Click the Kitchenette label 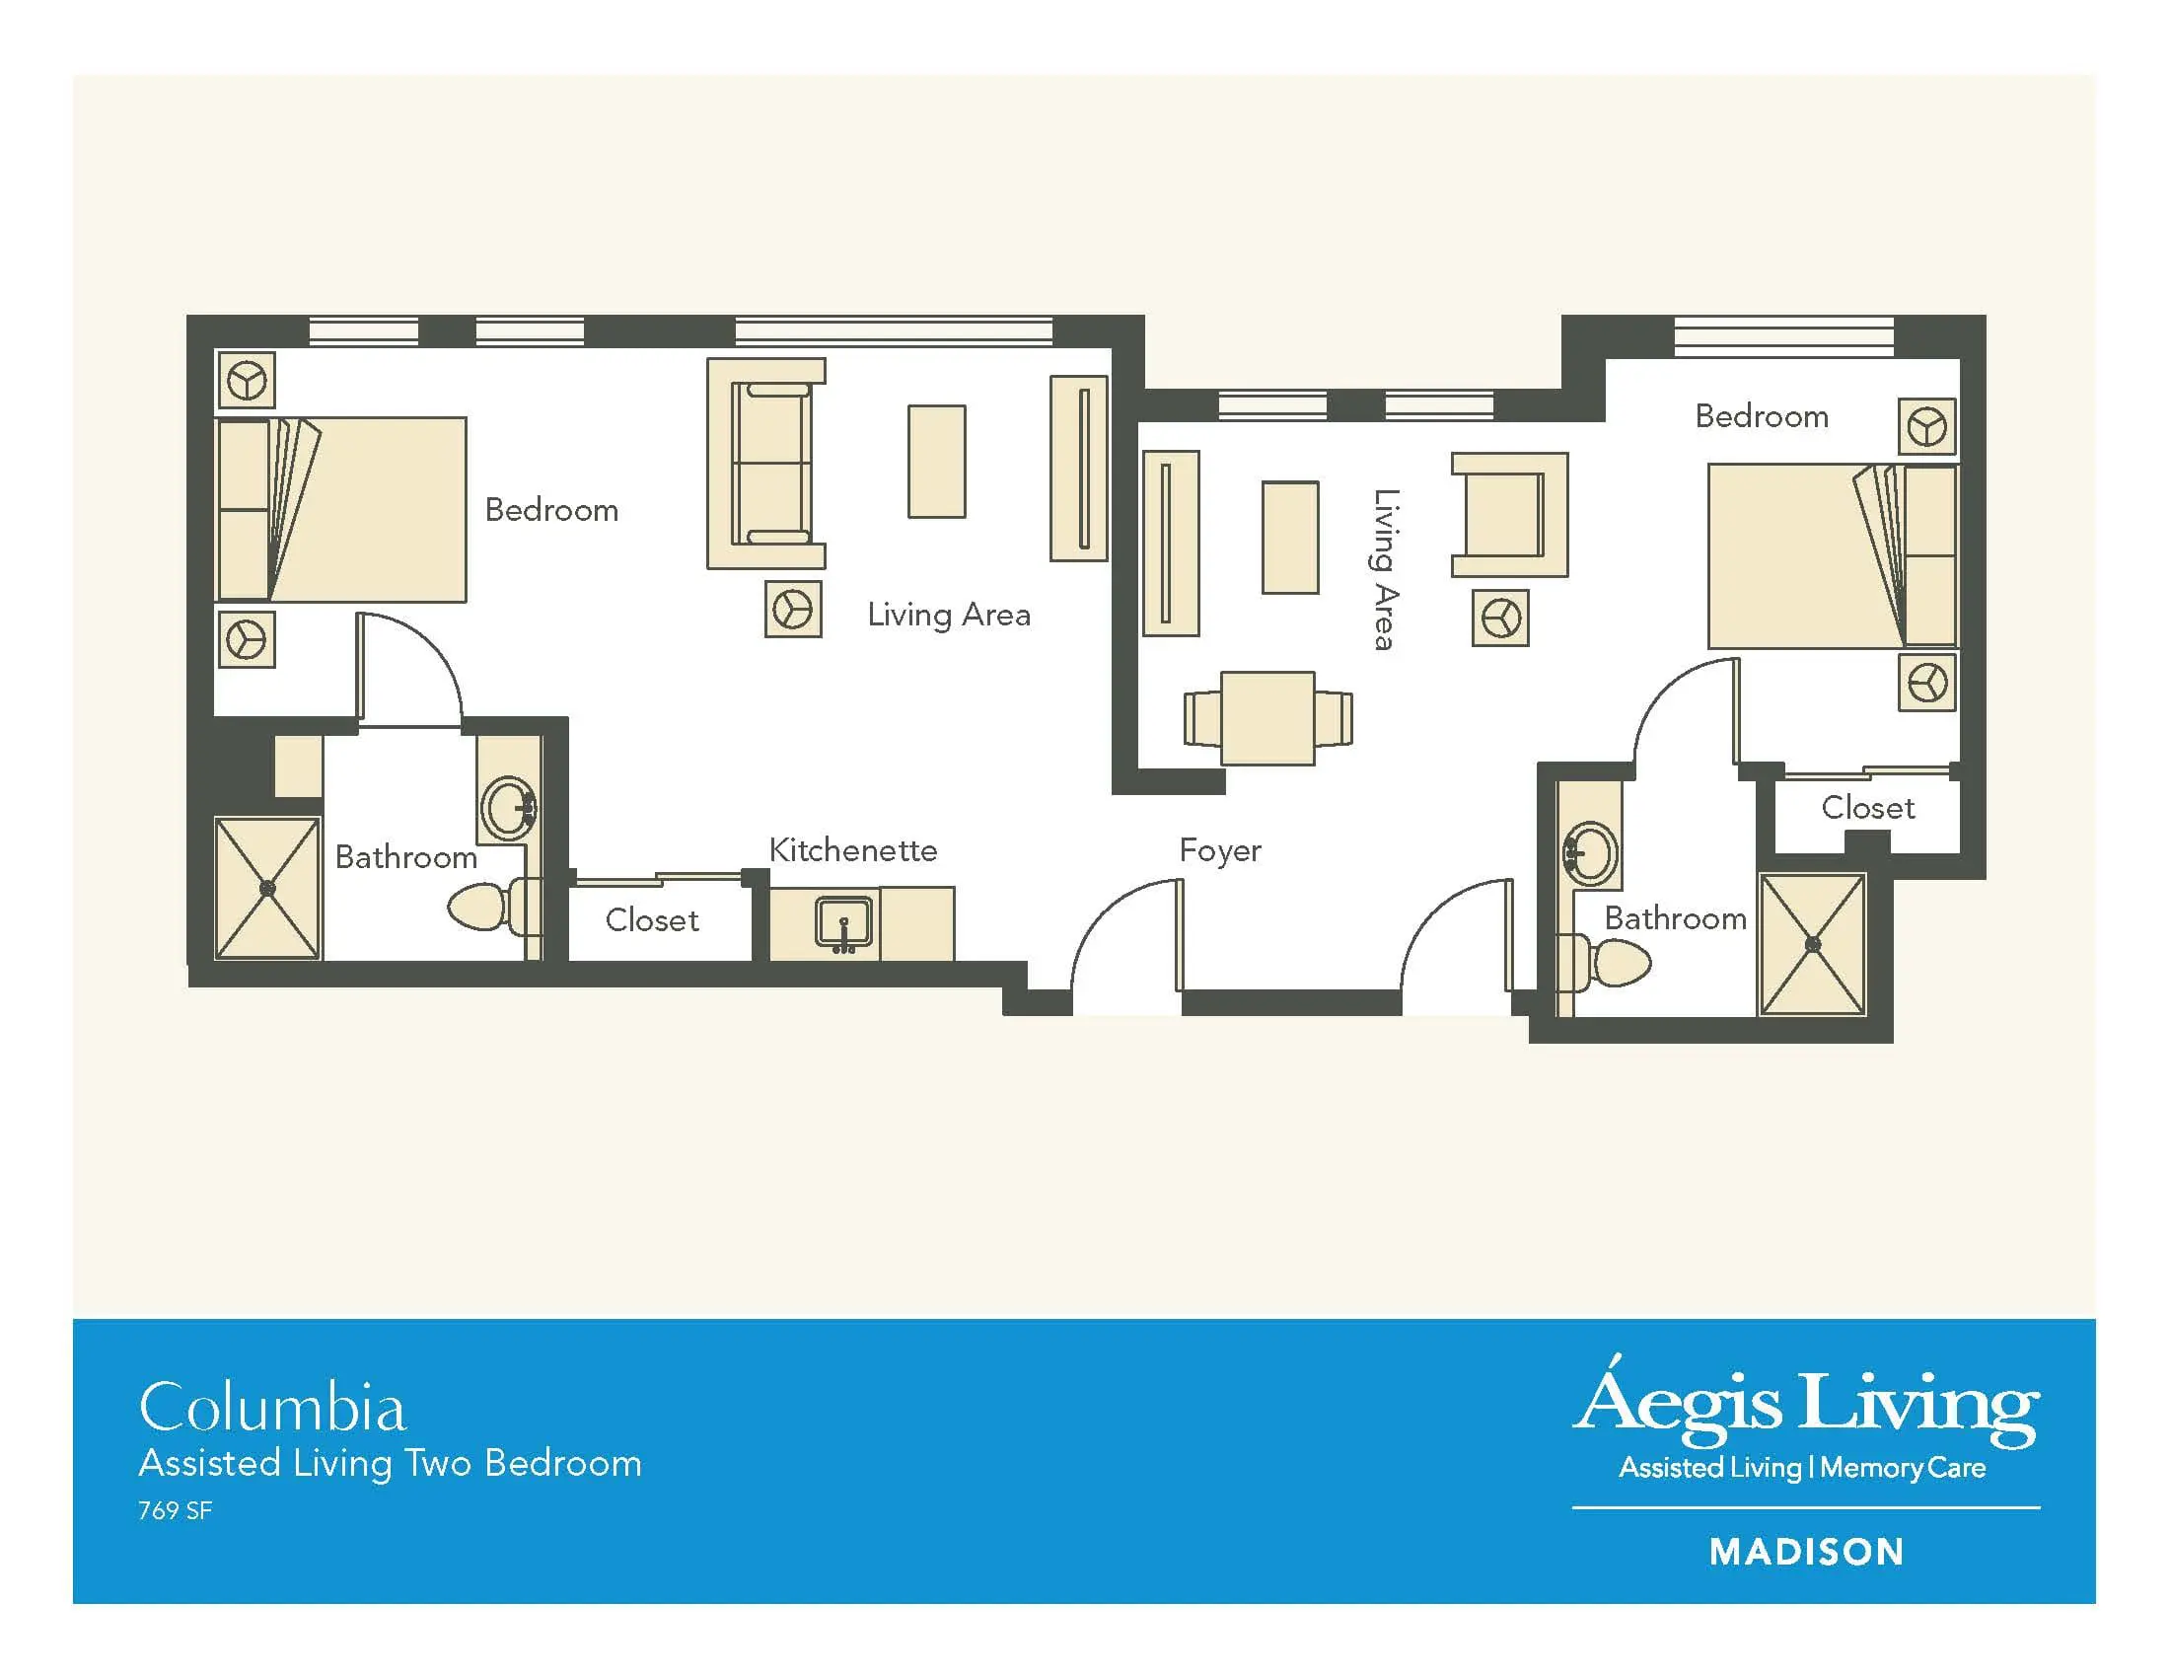pyautogui.click(x=852, y=850)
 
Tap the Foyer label pyautogui.click(x=1220, y=851)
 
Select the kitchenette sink pyautogui.click(x=843, y=924)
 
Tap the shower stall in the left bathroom pyautogui.click(x=267, y=888)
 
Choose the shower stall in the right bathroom pyautogui.click(x=1812, y=944)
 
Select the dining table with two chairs pyautogui.click(x=1267, y=718)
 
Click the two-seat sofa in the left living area pyautogui.click(x=766, y=464)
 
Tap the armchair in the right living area pyautogui.click(x=1509, y=515)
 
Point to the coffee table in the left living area pyautogui.click(x=936, y=461)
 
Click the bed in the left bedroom pyautogui.click(x=341, y=510)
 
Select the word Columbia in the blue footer pyautogui.click(x=272, y=1408)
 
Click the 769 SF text pyautogui.click(x=175, y=1510)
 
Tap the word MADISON pyautogui.click(x=1806, y=1552)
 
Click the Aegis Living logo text pyautogui.click(x=1805, y=1402)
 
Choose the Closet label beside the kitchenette pyautogui.click(x=652, y=920)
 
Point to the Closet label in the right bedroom pyautogui.click(x=1868, y=808)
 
